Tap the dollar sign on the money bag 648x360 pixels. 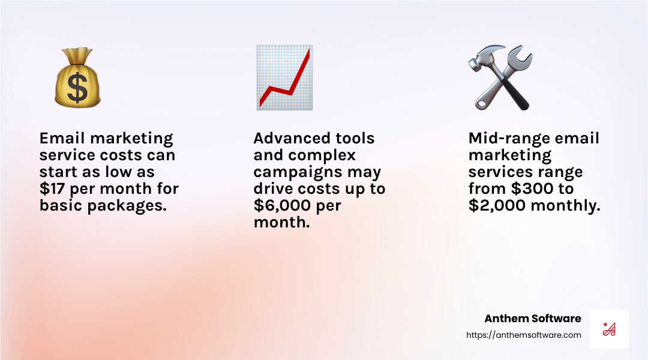click(77, 89)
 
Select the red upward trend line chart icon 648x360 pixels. click(284, 78)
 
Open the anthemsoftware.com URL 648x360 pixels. click(524, 335)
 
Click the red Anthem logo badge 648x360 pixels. click(609, 329)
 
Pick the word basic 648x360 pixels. click(58, 206)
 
